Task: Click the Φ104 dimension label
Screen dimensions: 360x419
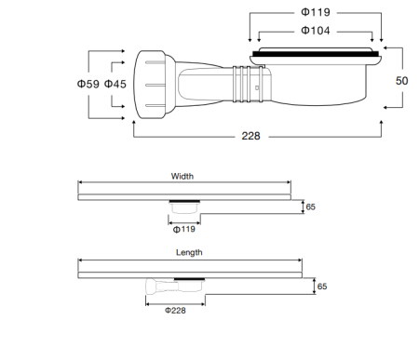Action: click(315, 31)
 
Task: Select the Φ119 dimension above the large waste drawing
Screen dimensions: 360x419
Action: click(315, 13)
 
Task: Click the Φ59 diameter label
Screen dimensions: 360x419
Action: click(87, 84)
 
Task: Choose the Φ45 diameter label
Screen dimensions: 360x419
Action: click(115, 84)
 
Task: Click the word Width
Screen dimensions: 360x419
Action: click(182, 176)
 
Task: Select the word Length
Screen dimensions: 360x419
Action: click(189, 252)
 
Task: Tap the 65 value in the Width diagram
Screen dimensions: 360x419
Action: click(310, 207)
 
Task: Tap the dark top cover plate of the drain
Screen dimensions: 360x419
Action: click(317, 55)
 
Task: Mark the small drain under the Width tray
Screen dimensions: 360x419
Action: click(183, 207)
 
